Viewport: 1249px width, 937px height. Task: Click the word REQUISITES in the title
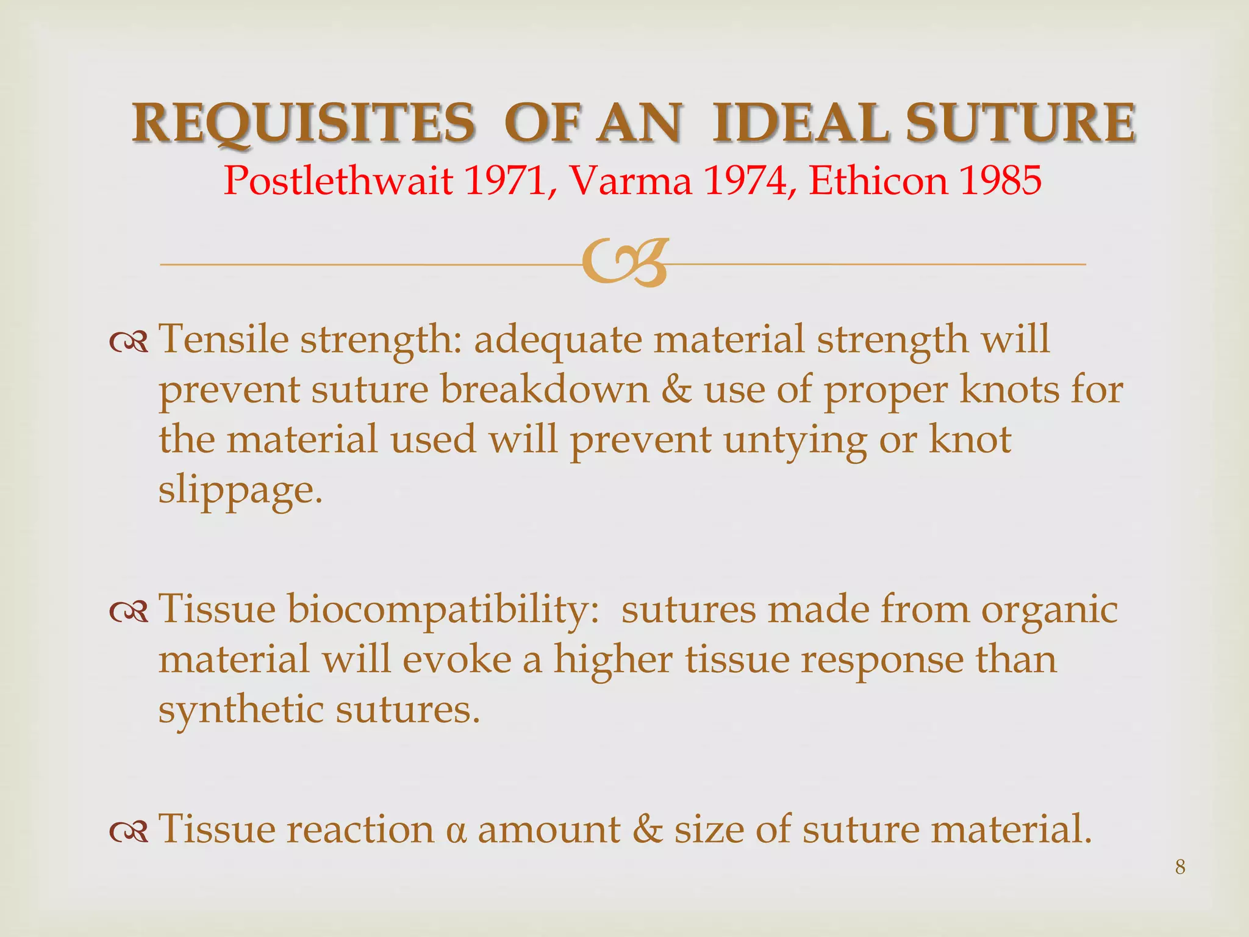pos(303,123)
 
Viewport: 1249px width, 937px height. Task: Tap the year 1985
pos(1000,181)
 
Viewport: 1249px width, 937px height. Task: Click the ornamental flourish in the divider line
pos(625,263)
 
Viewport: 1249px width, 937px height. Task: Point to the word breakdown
pos(545,389)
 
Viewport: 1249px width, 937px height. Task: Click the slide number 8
pos(1180,867)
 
